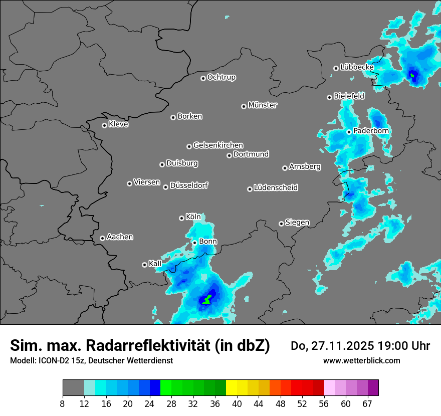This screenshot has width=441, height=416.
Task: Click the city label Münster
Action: [x=263, y=105]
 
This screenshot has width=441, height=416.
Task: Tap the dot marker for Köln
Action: [x=181, y=218]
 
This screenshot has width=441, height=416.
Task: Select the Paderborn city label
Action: [x=371, y=131]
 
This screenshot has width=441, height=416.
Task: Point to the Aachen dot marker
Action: [x=102, y=238]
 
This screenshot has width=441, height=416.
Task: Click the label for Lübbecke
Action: [x=357, y=67]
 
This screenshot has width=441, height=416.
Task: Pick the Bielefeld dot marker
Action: [x=329, y=97]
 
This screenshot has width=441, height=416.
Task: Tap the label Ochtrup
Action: [x=222, y=77]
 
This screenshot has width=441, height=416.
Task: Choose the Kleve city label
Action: [x=118, y=124]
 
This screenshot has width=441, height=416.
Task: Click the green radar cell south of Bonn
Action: [x=206, y=300]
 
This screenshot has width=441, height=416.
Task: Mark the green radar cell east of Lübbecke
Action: [x=412, y=76]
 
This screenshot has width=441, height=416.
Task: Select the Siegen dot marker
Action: [x=281, y=224]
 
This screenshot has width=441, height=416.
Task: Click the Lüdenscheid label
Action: [x=276, y=188]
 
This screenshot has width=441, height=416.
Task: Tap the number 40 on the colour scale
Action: [x=237, y=403]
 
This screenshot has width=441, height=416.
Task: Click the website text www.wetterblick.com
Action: [x=362, y=360]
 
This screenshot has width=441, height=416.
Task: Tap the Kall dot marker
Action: [x=144, y=265]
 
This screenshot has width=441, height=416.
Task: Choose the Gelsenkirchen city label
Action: [x=218, y=145]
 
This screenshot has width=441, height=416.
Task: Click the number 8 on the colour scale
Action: [x=63, y=403]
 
